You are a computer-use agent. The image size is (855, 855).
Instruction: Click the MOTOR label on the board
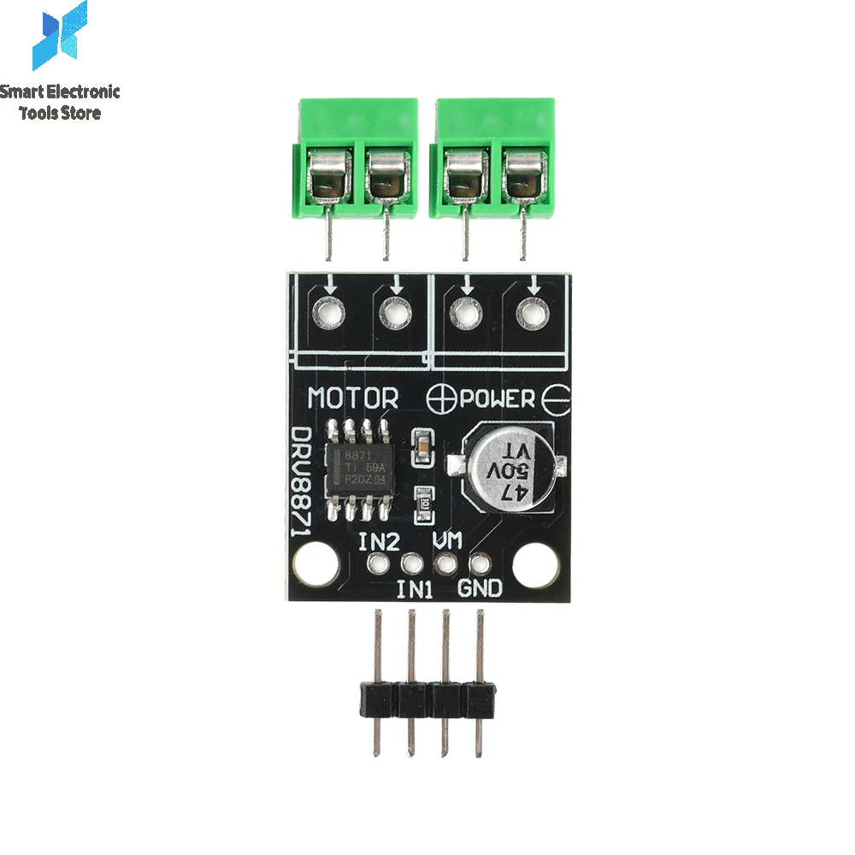(353, 398)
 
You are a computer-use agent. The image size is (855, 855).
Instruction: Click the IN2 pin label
(379, 542)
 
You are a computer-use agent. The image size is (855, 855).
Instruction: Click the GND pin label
(481, 588)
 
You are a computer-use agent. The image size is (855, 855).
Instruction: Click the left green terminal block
(357, 162)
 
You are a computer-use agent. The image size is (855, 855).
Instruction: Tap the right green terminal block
(494, 162)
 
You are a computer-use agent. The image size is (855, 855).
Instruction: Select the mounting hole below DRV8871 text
(313, 564)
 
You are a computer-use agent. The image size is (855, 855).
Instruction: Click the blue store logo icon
(60, 36)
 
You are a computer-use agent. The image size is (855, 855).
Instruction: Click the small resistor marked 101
(421, 498)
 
